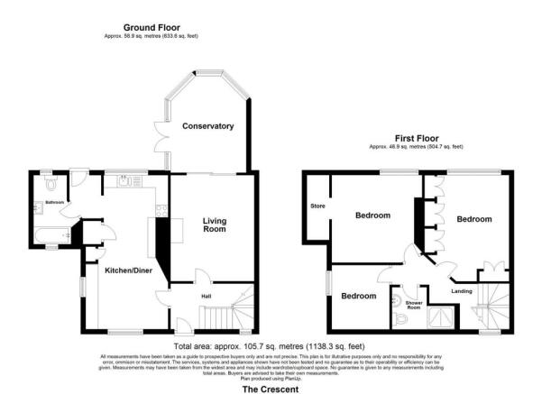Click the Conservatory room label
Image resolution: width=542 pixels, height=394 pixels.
207,125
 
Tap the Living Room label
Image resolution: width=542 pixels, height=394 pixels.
214,225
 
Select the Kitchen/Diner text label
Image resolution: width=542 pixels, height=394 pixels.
126,270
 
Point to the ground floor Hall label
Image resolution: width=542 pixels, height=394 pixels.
205,294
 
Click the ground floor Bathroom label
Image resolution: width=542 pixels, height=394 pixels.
54,203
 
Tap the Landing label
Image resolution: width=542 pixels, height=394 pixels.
462,290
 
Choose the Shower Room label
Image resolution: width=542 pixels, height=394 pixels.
414,304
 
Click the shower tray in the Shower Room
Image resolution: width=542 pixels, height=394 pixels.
441,316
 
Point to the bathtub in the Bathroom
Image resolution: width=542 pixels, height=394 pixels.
53,237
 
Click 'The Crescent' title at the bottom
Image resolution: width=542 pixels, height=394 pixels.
270,389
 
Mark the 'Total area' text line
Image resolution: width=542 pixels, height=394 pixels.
270,346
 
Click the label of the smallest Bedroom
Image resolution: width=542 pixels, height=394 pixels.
358,296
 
